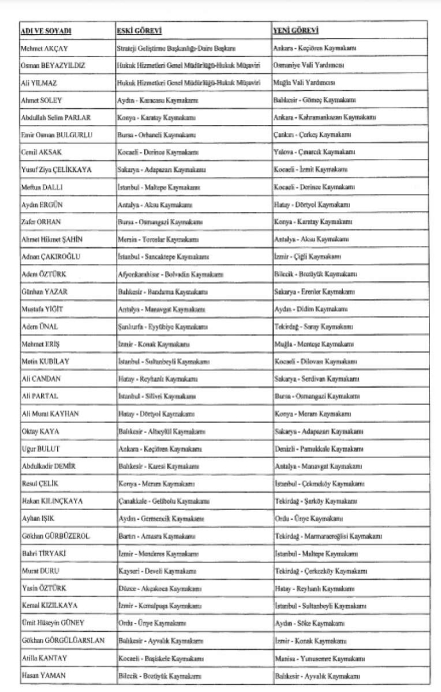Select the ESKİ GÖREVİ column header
tap(139, 31)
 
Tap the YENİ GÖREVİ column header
tap(296, 31)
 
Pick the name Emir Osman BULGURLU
tap(58, 135)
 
